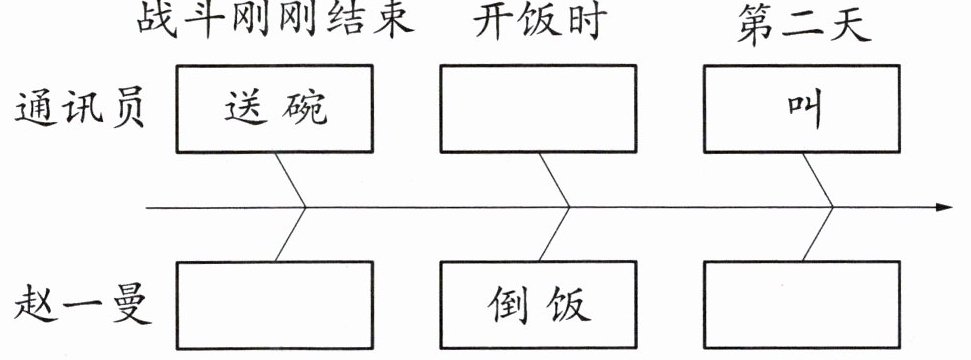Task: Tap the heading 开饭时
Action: pyautogui.click(x=538, y=22)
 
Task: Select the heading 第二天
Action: pyautogui.click(x=803, y=24)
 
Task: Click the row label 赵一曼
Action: pyautogui.click(x=82, y=305)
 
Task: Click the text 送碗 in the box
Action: pyautogui.click(x=276, y=108)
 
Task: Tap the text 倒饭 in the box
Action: pyautogui.click(x=539, y=304)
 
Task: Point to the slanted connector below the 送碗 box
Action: pyautogui.click(x=290, y=180)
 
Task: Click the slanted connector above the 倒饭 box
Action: pyautogui.click(x=554, y=234)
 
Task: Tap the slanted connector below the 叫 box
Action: pyautogui.click(x=818, y=180)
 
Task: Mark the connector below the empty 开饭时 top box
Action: pyautogui.click(x=554, y=180)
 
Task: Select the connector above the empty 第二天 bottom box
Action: pyautogui.click(x=817, y=234)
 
